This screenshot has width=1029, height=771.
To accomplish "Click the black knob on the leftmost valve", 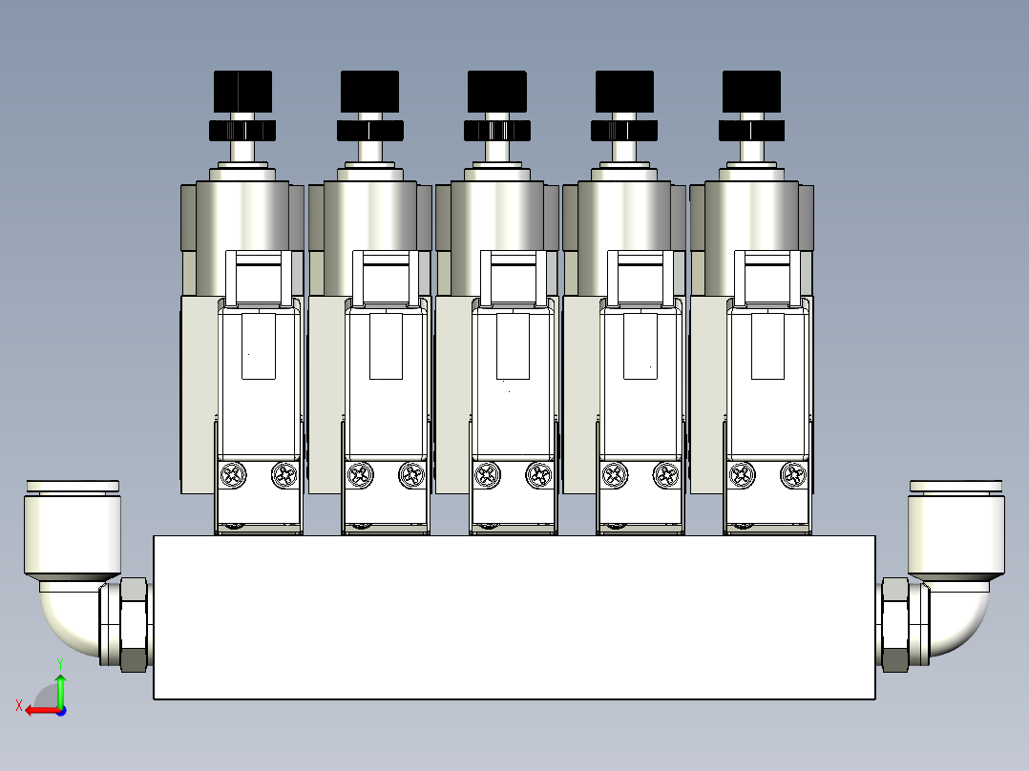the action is [x=242, y=92].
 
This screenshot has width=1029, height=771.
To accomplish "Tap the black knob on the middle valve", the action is [x=496, y=92].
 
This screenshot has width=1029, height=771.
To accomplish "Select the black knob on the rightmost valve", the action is [x=751, y=92].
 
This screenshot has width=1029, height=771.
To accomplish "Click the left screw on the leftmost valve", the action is [x=233, y=474].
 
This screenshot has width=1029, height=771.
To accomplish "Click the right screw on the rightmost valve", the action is [x=793, y=474].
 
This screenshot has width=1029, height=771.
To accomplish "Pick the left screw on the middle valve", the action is [x=488, y=474].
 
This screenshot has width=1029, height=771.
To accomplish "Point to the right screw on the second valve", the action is [x=411, y=474].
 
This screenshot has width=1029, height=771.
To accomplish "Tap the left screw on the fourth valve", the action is [x=615, y=474].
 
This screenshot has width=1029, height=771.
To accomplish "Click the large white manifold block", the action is [x=514, y=617].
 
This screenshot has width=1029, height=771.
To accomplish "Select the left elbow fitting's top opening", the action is [x=73, y=487].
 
